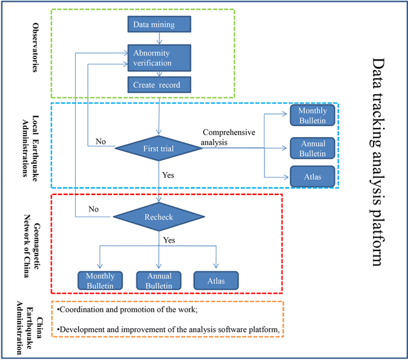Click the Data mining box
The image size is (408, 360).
point(159,25)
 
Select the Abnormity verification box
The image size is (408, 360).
point(159,58)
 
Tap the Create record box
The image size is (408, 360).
point(159,85)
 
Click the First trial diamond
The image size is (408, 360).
point(158,148)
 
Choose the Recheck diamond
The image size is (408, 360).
point(158,217)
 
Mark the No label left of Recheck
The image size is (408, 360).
point(93,208)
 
